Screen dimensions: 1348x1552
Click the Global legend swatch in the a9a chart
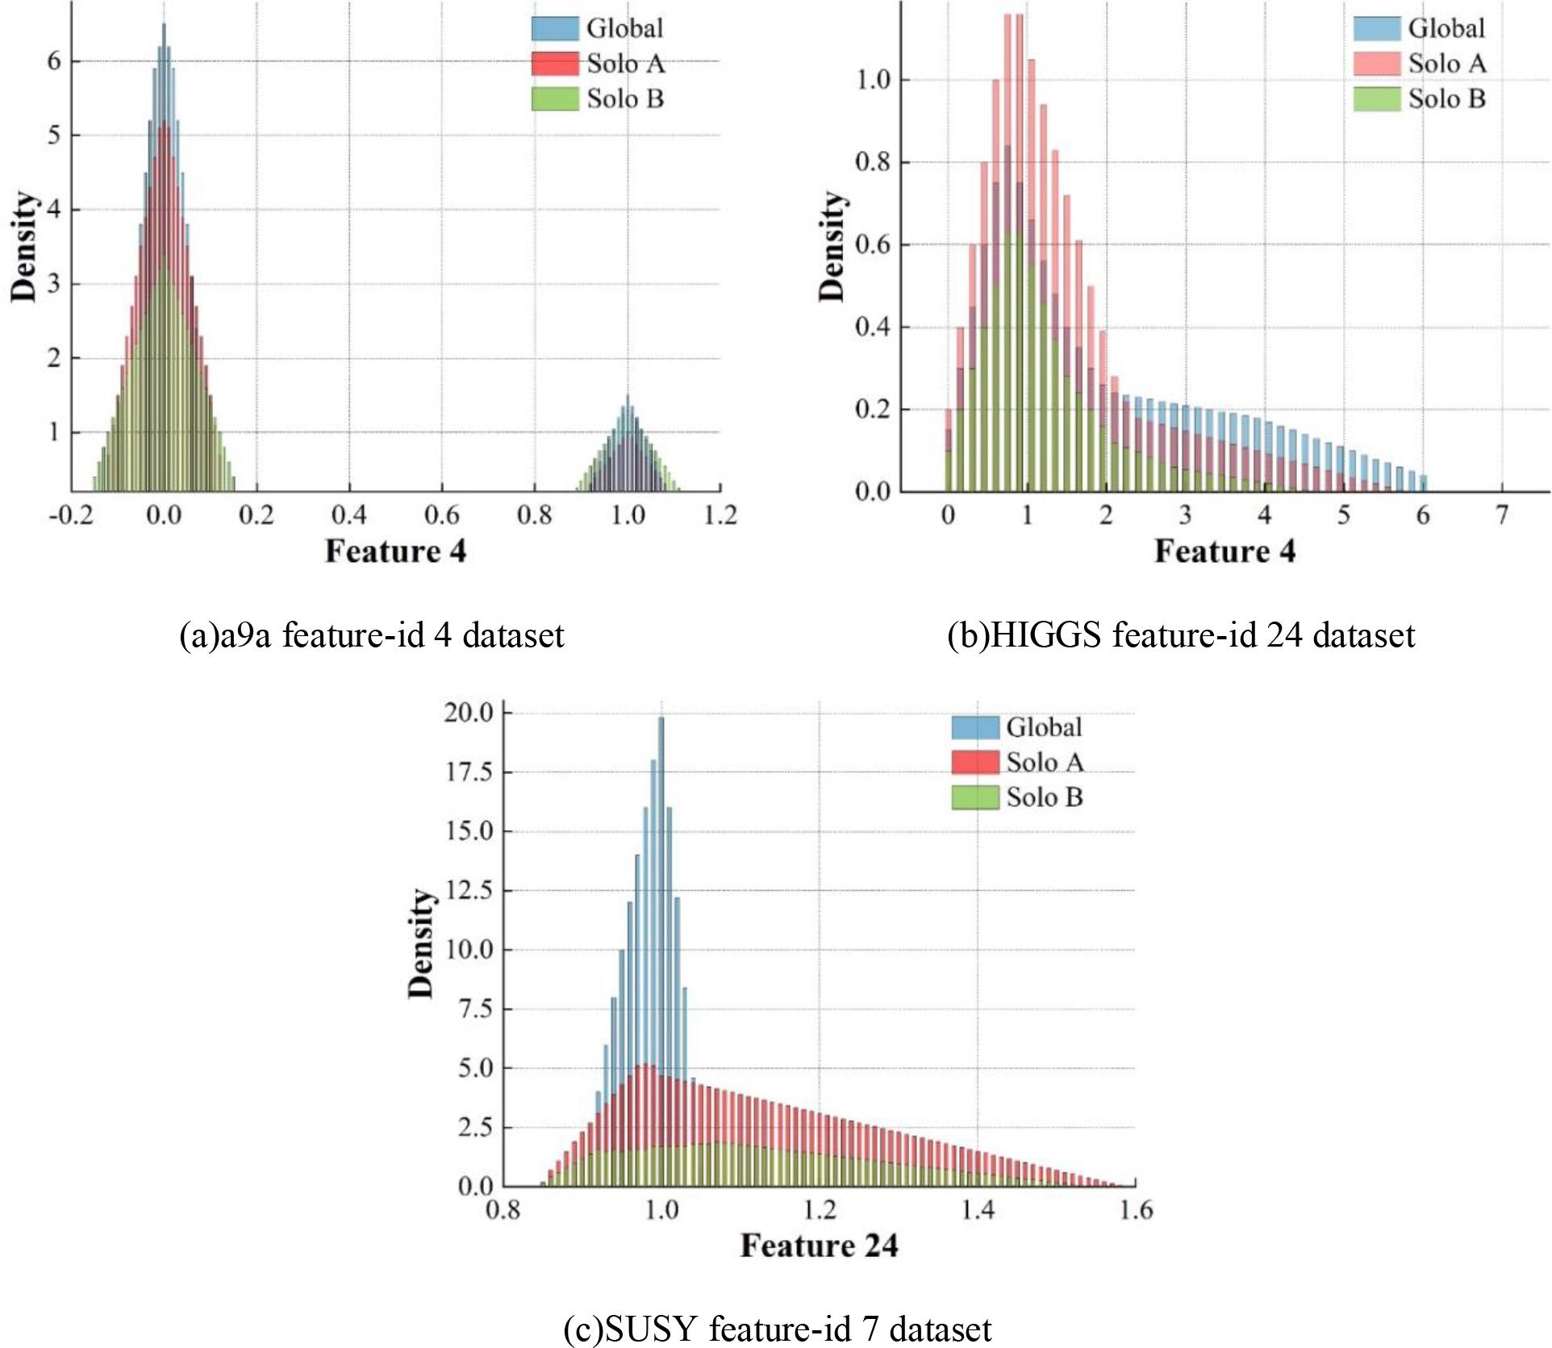tap(555, 28)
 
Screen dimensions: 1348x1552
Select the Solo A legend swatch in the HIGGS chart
tap(1376, 64)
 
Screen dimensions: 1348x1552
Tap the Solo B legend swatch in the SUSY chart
tap(975, 797)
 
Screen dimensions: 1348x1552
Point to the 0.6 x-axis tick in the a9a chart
tap(441, 514)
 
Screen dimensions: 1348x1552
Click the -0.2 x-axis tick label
tap(70, 514)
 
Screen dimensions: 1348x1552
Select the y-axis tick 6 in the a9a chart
tap(53, 61)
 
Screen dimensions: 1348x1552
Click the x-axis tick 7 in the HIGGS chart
tap(1502, 514)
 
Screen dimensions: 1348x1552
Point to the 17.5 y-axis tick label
tap(469, 772)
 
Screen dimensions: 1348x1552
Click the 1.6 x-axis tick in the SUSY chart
tap(1136, 1209)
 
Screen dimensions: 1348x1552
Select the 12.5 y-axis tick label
tap(469, 890)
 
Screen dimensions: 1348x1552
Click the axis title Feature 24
tap(819, 1246)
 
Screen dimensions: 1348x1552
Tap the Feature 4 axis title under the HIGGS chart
tap(1224, 551)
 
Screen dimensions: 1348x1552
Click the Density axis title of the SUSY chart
tap(420, 943)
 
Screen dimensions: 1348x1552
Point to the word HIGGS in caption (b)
tap(1045, 635)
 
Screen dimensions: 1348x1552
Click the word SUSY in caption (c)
tap(651, 1329)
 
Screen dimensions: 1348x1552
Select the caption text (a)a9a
tap(225, 635)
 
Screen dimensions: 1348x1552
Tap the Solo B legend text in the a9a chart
tap(625, 99)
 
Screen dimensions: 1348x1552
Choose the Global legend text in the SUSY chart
tap(1044, 727)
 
